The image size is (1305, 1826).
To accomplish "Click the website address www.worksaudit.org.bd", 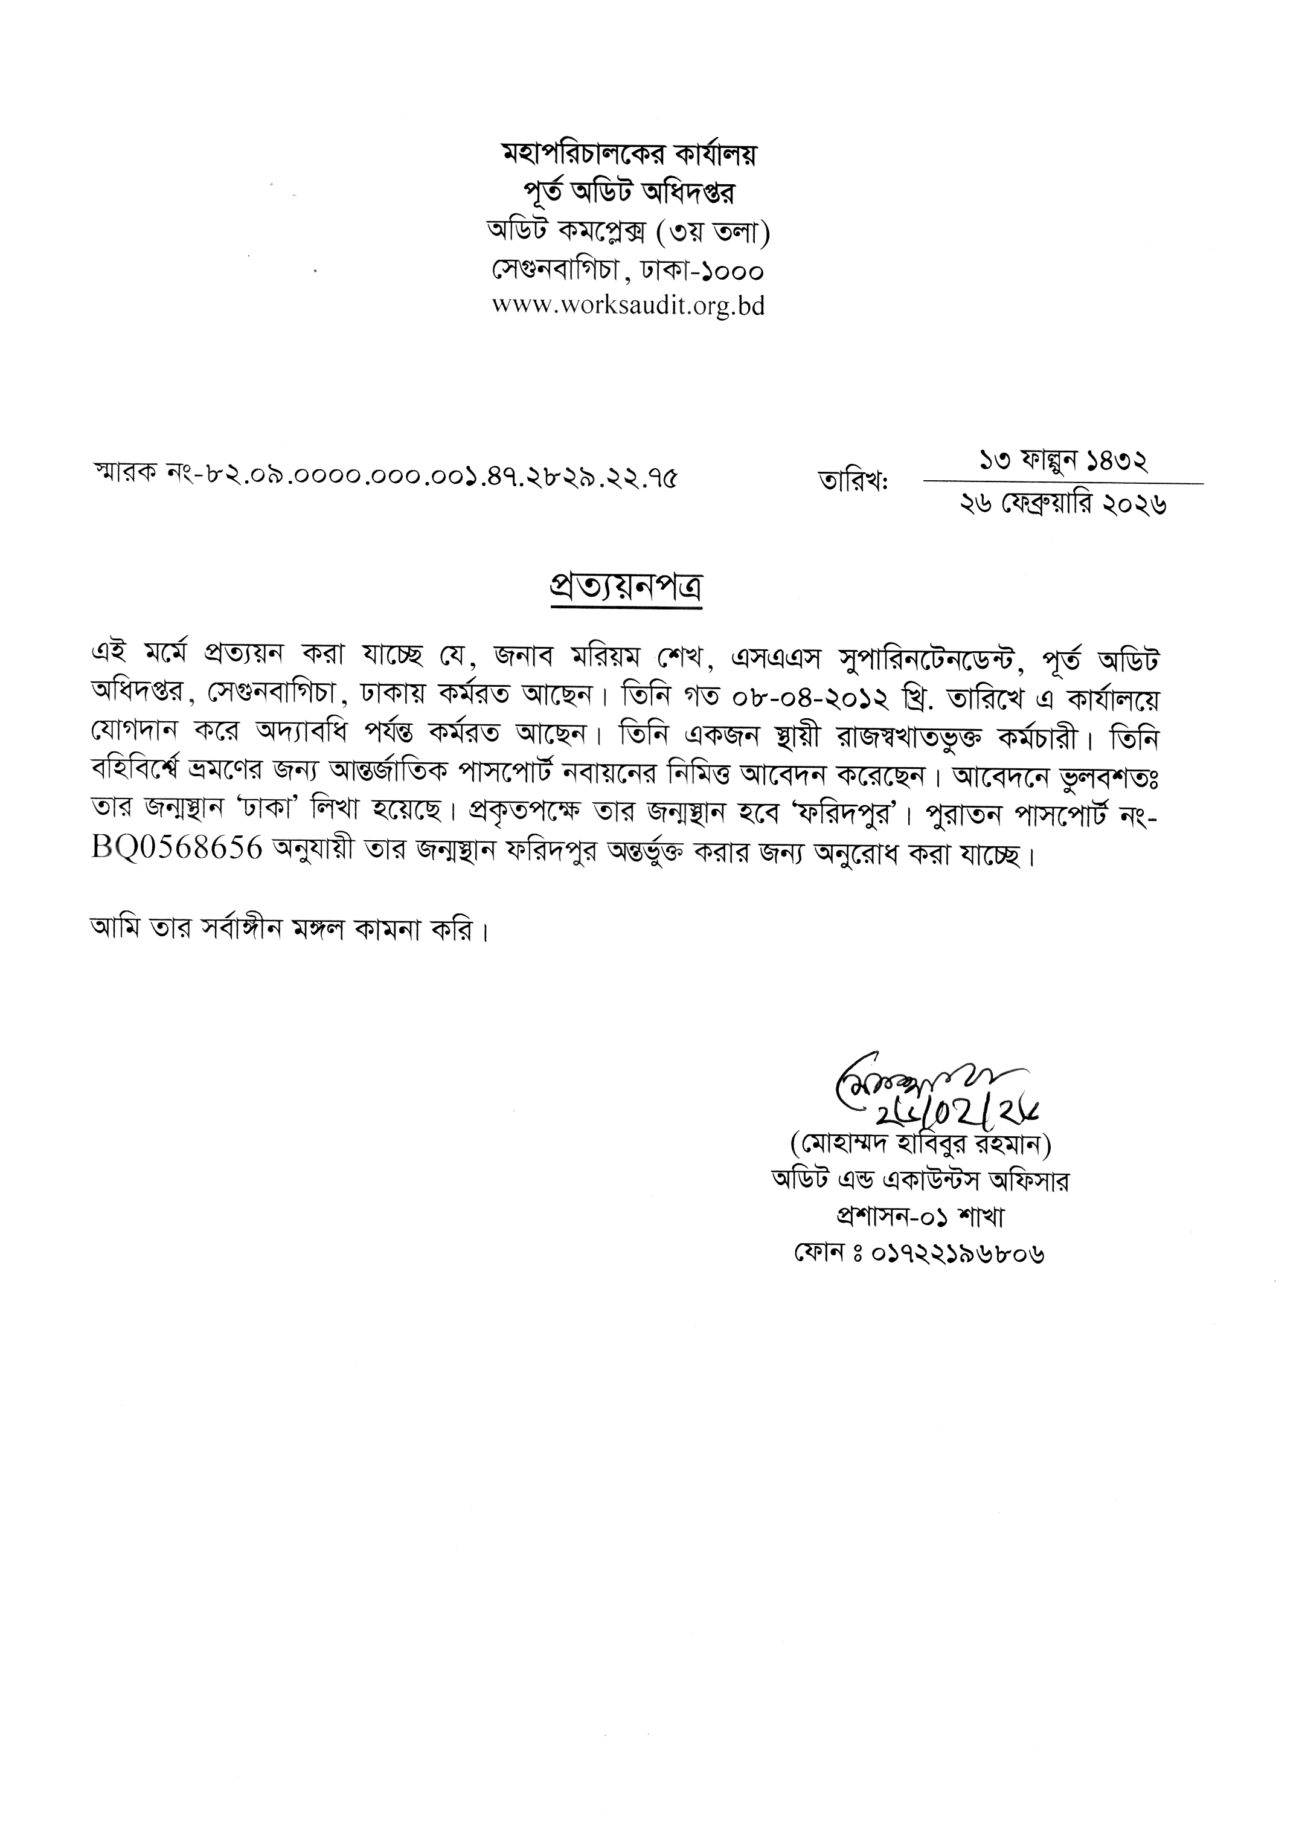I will [627, 306].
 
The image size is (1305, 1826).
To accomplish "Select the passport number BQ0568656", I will [178, 849].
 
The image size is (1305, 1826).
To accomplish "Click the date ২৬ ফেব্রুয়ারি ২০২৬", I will [1062, 505].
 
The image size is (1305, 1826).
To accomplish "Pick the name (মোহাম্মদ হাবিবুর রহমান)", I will [920, 1142].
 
